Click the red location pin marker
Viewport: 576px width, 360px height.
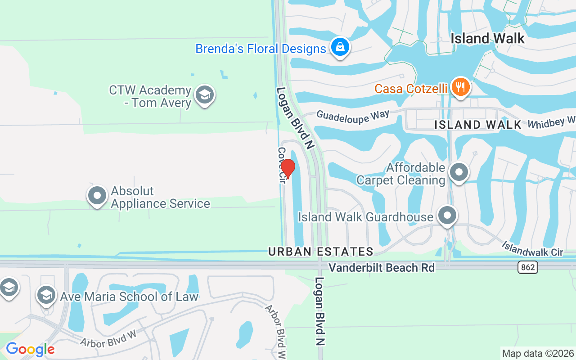coord(288,168)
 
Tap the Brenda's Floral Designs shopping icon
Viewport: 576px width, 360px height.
coord(341,47)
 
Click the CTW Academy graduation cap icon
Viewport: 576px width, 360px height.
coord(205,95)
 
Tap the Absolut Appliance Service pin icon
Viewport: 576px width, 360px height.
coord(97,196)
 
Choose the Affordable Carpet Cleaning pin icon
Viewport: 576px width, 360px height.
coord(459,172)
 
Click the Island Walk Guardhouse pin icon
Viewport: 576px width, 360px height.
coord(447,216)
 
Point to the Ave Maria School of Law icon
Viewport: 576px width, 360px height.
coord(46,295)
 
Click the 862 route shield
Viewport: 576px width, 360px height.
coord(527,268)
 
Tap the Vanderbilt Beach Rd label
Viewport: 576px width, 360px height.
coord(382,268)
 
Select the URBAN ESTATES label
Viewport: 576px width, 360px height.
coord(321,252)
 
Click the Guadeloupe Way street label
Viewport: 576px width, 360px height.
coord(353,116)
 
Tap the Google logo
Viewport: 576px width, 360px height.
coord(30,349)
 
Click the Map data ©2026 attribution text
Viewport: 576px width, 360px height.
coord(538,353)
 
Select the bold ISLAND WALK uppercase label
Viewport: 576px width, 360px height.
coord(478,125)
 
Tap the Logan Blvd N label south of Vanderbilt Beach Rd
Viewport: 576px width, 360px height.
coord(319,311)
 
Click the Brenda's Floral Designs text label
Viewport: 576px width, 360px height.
coord(261,49)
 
